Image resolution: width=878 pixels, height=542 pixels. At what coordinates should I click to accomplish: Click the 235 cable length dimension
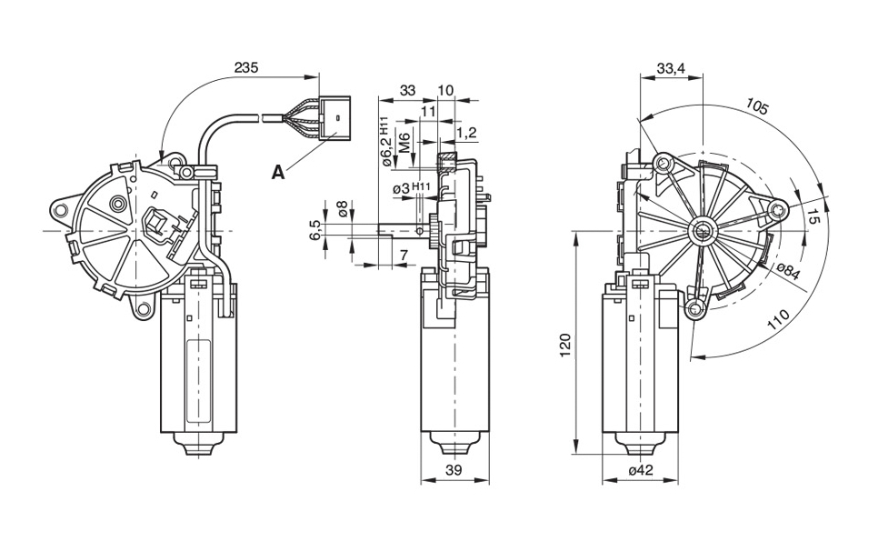point(245,68)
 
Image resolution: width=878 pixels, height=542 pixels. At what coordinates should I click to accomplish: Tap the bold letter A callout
point(278,171)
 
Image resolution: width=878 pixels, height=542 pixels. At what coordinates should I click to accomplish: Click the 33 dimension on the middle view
point(407,90)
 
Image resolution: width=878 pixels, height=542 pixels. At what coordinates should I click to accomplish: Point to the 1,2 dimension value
point(466,134)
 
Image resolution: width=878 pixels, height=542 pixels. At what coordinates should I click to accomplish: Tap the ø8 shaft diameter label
point(342,208)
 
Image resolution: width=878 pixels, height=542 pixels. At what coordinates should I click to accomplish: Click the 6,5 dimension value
point(315,230)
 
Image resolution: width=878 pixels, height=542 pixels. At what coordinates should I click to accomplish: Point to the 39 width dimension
point(454,470)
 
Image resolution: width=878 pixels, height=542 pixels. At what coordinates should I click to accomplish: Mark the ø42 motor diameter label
point(642,470)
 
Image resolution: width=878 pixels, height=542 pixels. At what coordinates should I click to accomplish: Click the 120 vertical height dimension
point(564,345)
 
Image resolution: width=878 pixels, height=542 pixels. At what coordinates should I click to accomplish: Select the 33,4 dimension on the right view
point(671,68)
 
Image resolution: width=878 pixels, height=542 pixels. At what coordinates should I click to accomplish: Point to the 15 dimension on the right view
point(813,218)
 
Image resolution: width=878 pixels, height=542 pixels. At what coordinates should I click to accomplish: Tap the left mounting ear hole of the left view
point(60,209)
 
